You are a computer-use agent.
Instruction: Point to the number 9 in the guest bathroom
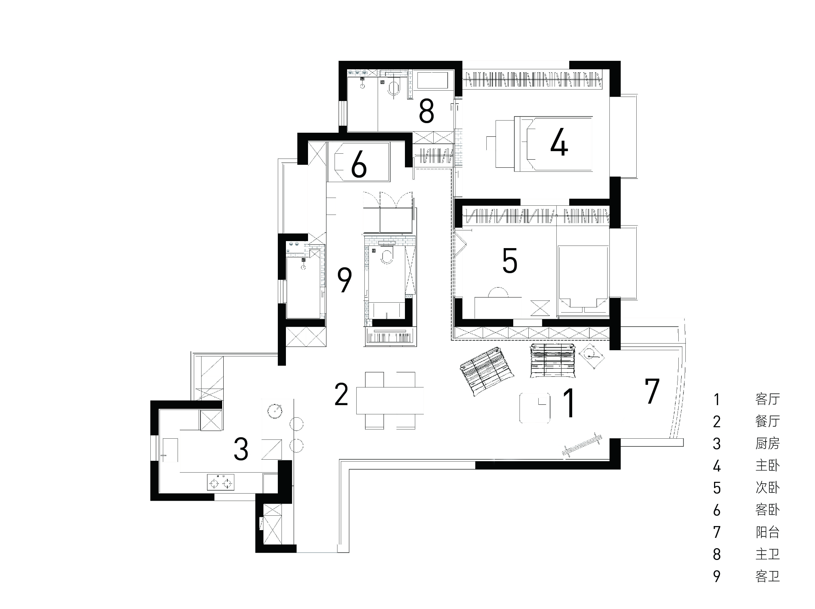(x=344, y=280)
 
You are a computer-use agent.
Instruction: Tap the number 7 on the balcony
(x=652, y=391)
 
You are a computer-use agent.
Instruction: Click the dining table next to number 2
(x=390, y=400)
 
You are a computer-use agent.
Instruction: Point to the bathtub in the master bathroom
(x=432, y=80)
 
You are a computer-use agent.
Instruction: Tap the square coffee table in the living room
(x=535, y=408)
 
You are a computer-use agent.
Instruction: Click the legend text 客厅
(x=767, y=399)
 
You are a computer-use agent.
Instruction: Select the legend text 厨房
(x=767, y=443)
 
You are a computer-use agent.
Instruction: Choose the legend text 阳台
(x=767, y=532)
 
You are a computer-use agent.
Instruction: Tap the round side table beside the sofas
(x=591, y=355)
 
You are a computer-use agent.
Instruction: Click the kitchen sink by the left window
(x=170, y=450)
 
